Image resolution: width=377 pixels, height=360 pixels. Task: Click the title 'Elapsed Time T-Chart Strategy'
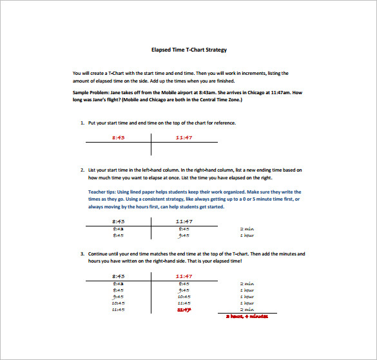pyautogui.click(x=189, y=50)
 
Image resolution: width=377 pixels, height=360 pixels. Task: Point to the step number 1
pyautogui.click(x=82, y=123)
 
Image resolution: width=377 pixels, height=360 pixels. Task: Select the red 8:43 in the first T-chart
pyautogui.click(x=118, y=137)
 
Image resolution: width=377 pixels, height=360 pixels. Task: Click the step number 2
pyautogui.click(x=82, y=170)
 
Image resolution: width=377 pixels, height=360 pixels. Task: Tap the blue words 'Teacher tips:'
pyautogui.click(x=102, y=192)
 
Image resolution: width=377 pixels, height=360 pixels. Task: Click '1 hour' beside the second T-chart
pyautogui.click(x=247, y=235)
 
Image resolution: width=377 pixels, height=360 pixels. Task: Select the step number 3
pyautogui.click(x=82, y=254)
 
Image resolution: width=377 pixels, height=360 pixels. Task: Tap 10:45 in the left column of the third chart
pyautogui.click(x=118, y=303)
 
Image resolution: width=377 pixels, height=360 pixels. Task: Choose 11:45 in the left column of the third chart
pyautogui.click(x=118, y=309)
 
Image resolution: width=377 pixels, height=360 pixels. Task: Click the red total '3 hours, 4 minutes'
pyautogui.click(x=246, y=316)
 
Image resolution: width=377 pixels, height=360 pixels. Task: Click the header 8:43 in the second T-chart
pyautogui.click(x=118, y=221)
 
